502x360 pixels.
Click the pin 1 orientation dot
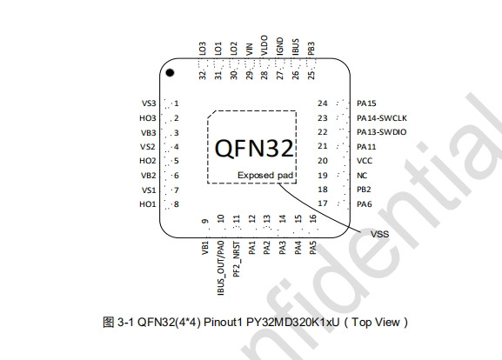click(170, 73)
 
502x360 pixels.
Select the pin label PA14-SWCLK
click(382, 118)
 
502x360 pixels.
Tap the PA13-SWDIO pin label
click(382, 132)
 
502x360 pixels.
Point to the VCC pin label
click(365, 161)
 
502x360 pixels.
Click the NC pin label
click(362, 176)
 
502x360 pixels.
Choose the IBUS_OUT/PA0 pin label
click(221, 268)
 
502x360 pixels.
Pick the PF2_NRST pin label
click(237, 259)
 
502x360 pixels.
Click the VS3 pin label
click(149, 103)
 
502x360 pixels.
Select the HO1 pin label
click(148, 204)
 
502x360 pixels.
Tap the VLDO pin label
click(264, 45)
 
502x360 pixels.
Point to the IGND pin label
click(280, 46)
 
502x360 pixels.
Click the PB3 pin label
click(311, 49)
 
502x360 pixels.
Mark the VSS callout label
click(379, 234)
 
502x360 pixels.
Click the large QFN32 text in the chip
click(254, 148)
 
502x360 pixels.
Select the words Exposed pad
click(265, 176)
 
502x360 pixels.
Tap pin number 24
click(323, 103)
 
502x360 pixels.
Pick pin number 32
click(202, 75)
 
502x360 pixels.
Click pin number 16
click(313, 218)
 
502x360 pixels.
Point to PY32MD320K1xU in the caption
click(292, 322)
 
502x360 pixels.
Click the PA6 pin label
click(365, 204)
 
